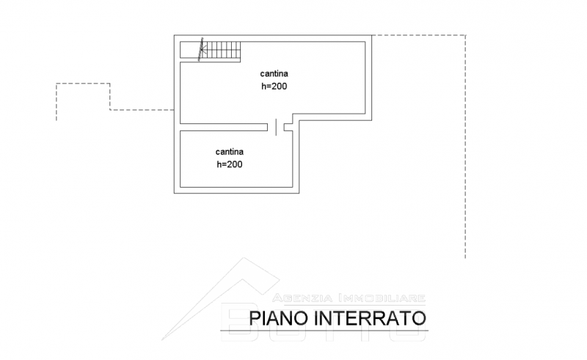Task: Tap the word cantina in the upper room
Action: point(274,73)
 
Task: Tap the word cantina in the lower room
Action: point(230,152)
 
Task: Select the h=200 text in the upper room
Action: point(274,86)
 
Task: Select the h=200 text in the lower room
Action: point(230,164)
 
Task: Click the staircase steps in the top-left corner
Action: point(224,51)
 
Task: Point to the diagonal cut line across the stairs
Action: point(203,49)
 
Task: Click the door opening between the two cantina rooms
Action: point(276,127)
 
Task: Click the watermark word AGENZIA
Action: point(302,298)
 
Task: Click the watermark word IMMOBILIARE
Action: point(381,298)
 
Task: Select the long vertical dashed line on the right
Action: point(465,147)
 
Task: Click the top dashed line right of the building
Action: point(418,34)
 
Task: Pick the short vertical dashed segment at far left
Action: point(56,101)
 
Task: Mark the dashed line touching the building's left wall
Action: point(143,109)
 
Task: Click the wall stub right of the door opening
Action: point(288,127)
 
